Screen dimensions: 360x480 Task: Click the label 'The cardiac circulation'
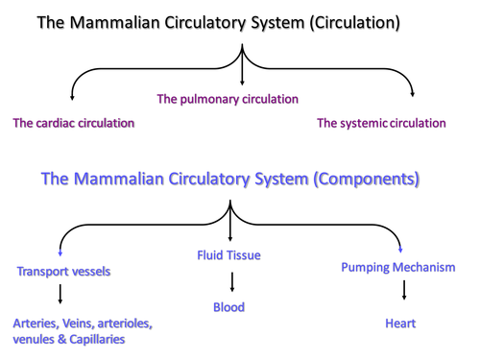[x=74, y=123]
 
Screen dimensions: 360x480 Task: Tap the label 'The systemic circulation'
[x=381, y=123]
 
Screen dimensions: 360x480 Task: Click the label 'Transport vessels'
[x=63, y=272]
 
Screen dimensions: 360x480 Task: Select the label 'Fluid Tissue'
[x=228, y=255]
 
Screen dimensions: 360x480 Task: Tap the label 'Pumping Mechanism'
[x=398, y=267]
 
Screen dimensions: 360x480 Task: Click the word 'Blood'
[x=228, y=307]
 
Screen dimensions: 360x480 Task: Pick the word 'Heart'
[x=400, y=324]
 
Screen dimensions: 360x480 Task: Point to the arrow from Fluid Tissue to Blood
[x=229, y=281]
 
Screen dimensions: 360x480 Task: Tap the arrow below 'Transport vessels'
[x=60, y=293]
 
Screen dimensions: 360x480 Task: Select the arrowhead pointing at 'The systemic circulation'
[x=413, y=96]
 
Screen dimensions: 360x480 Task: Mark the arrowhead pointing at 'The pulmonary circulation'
[x=241, y=84]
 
